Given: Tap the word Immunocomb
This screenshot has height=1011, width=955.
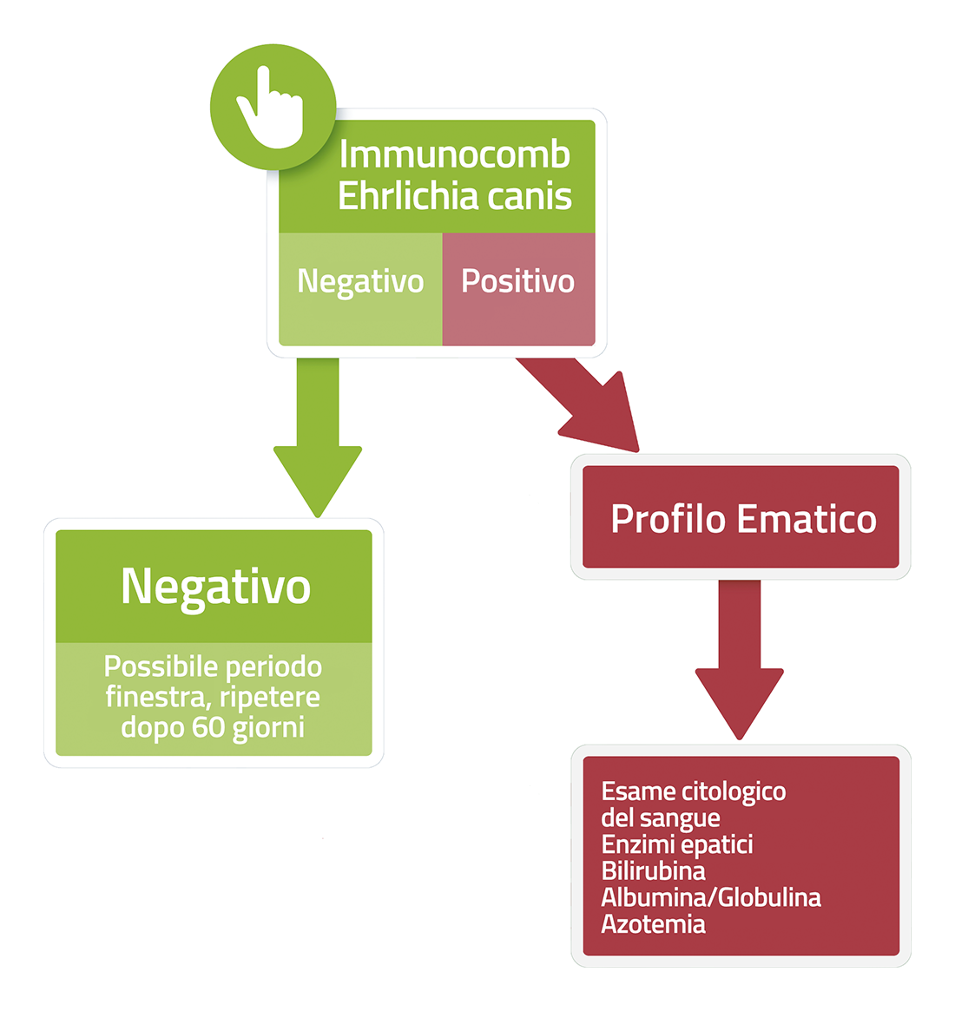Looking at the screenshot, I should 454,154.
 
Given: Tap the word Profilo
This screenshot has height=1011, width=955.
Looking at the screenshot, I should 668,519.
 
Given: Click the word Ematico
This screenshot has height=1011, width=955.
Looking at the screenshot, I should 807,519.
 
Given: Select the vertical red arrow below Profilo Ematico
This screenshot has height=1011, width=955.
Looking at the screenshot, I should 740,660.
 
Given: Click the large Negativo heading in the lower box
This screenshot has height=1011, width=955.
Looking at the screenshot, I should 215,587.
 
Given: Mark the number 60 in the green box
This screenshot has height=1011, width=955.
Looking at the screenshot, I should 208,727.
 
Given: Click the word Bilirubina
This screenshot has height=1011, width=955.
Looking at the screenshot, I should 653,870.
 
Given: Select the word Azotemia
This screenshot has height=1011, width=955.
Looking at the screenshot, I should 653,924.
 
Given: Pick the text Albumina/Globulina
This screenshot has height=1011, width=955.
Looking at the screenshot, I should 711,897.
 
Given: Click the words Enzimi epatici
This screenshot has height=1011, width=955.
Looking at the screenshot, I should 677,844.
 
